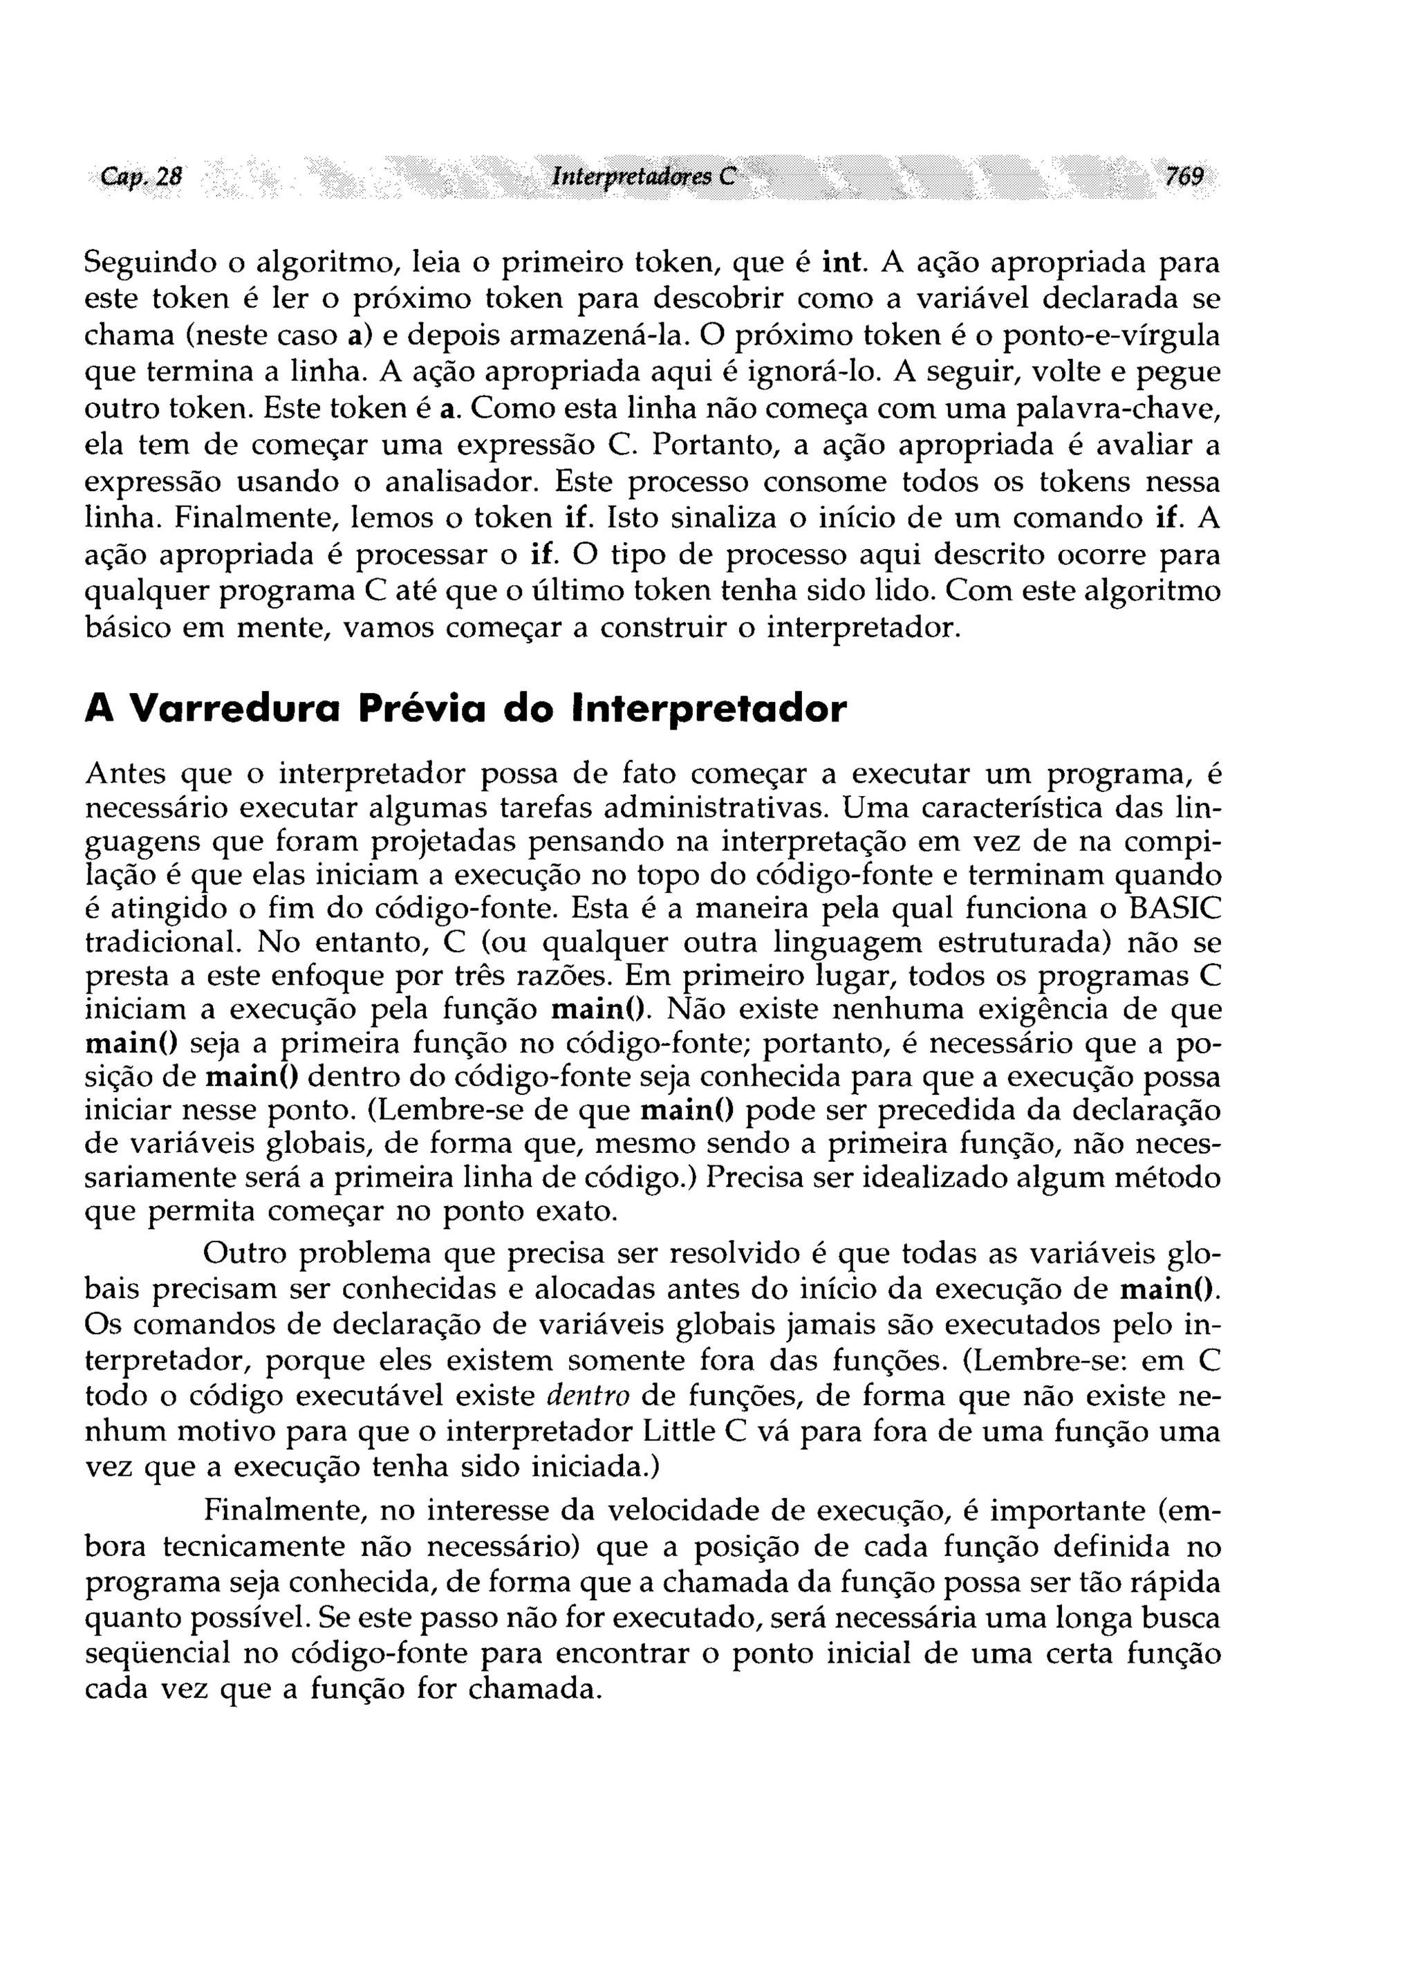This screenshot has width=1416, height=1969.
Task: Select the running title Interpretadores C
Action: [x=643, y=177]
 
